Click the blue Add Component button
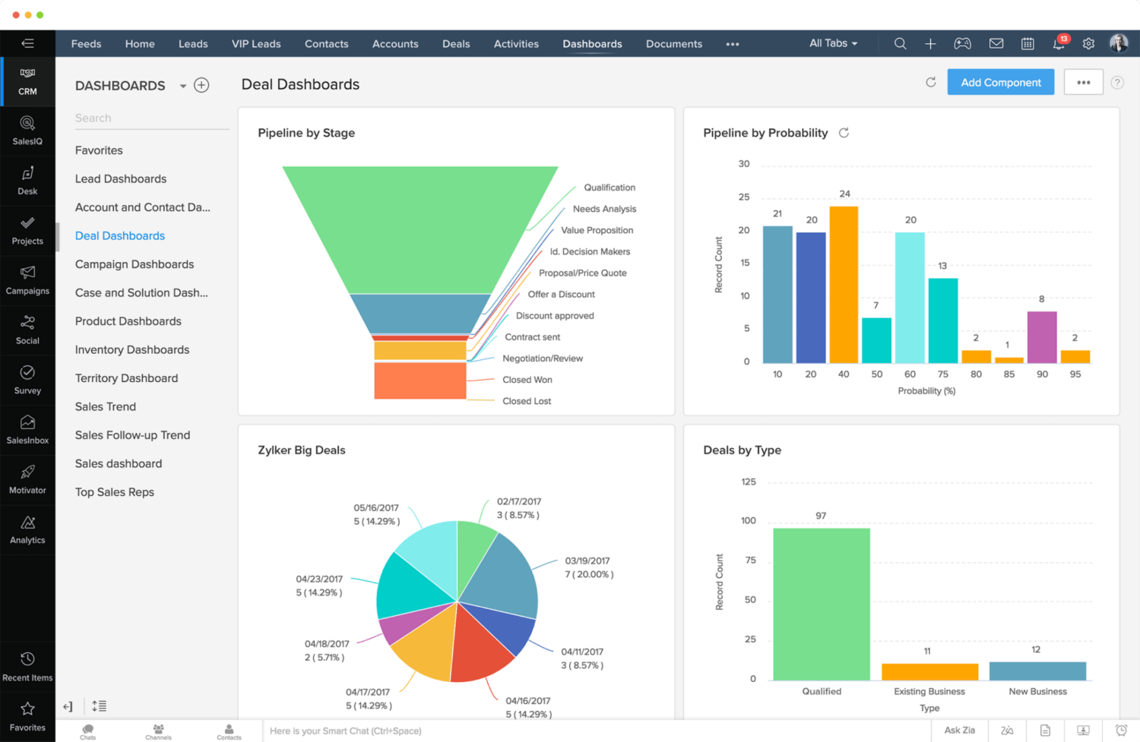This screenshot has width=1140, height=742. coord(1000,82)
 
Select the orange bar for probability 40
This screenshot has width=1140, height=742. coord(844,285)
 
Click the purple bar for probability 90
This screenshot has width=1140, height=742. coord(1041,337)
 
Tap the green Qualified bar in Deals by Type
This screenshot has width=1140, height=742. coord(821,604)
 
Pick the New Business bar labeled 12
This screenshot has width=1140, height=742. coord(1037,671)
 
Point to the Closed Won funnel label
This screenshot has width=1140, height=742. coord(527,380)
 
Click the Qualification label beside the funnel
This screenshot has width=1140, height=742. coord(609,188)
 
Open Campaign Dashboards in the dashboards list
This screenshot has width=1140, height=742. coord(135,264)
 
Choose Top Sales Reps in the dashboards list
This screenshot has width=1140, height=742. coord(115,492)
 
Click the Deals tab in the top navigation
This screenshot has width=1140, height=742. coord(456,44)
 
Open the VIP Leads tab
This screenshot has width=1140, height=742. coord(256,44)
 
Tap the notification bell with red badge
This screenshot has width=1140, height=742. coord(1058,44)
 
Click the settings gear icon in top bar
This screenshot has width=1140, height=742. coord(1088,44)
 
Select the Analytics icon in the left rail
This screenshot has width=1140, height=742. coord(27,529)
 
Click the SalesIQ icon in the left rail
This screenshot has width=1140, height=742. coord(27,130)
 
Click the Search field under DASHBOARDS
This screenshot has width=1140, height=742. coord(150,118)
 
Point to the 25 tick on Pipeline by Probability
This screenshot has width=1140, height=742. coord(744,197)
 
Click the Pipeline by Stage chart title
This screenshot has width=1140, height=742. coord(306,133)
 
